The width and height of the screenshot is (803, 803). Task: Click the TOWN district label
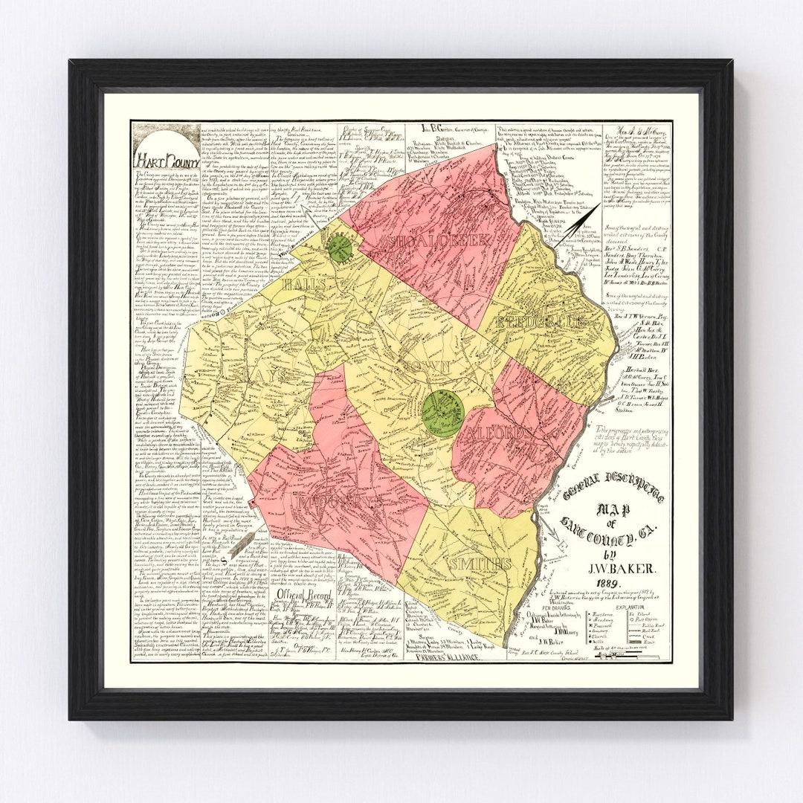click(x=425, y=367)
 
